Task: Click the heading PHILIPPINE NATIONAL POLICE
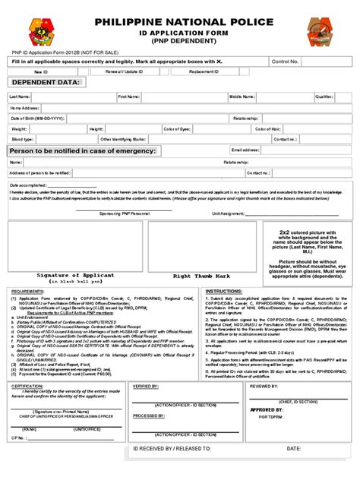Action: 179,23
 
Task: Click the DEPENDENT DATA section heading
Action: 44,82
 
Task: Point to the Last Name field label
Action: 20,97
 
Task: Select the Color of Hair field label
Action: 267,129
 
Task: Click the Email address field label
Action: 245,150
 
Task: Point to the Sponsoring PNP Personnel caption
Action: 125,214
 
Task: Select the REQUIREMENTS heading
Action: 27,291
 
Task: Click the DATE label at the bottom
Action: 294,449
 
